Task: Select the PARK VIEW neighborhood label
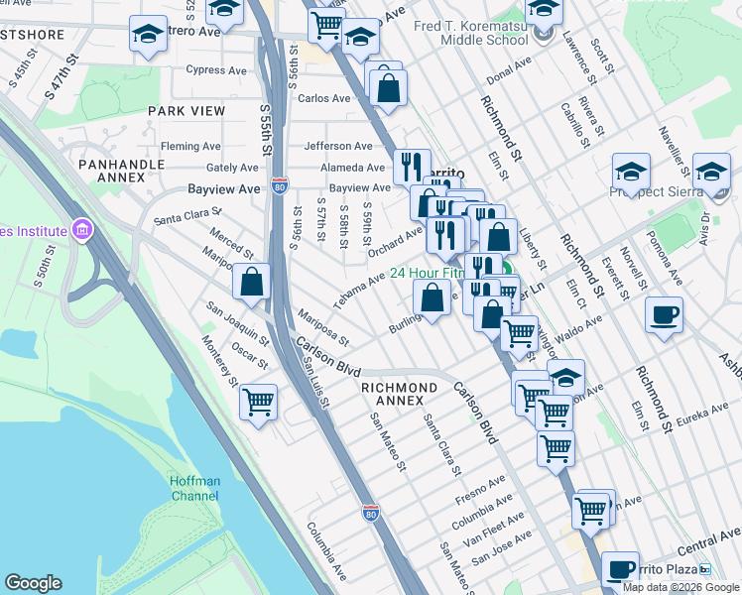[x=185, y=112]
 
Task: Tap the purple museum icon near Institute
[x=81, y=232]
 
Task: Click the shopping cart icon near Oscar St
[x=258, y=403]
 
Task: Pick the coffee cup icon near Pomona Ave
[x=663, y=315]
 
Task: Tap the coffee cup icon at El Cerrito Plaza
[x=620, y=569]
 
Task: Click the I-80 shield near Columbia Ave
[x=370, y=513]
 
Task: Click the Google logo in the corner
[x=35, y=583]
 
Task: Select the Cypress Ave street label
[x=216, y=70]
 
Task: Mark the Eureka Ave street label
[x=703, y=417]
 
